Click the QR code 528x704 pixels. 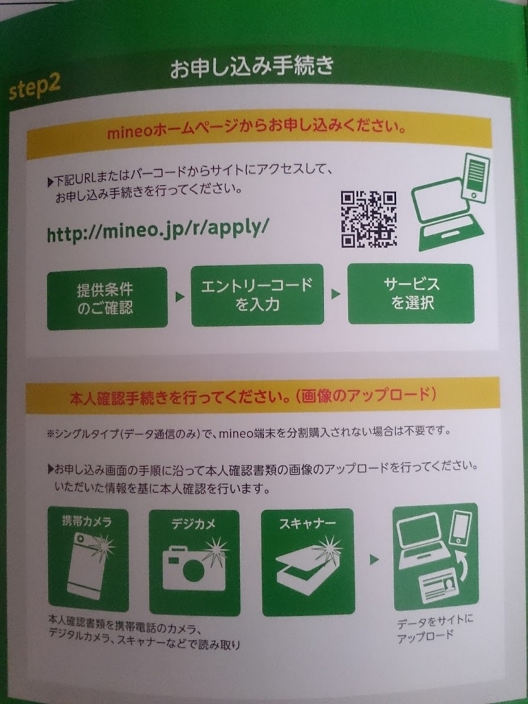[x=368, y=219]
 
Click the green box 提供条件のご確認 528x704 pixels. [x=107, y=298]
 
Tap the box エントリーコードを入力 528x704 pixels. [x=257, y=294]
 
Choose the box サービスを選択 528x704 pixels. [x=411, y=294]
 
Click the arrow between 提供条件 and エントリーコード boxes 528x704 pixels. [x=179, y=297]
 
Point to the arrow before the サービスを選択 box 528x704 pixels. [x=335, y=294]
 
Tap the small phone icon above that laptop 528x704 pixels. [x=476, y=177]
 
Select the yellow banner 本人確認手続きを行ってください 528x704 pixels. [x=263, y=395]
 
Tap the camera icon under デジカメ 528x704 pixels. [x=194, y=566]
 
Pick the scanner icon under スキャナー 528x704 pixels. [x=308, y=566]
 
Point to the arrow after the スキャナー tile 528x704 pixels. [x=374, y=560]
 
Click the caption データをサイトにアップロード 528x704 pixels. [x=434, y=628]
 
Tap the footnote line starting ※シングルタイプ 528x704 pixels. [x=248, y=432]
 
